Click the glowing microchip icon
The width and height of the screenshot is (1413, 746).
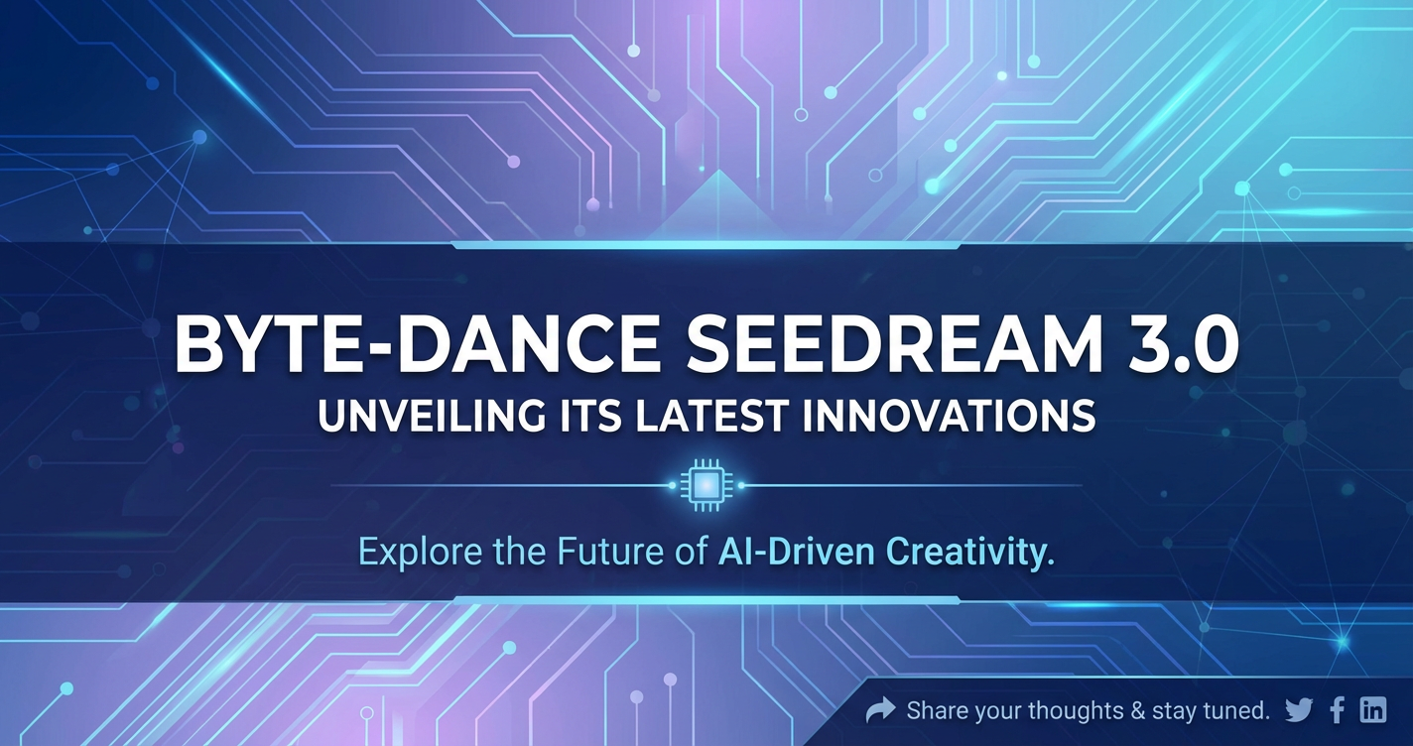[706, 485]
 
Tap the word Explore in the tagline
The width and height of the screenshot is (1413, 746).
[421, 552]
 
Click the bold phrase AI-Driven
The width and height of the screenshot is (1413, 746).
[797, 551]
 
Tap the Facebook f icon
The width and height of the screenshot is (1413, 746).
[1337, 710]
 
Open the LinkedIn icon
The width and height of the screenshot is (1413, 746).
[1373, 710]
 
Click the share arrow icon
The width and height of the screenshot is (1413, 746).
[880, 710]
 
